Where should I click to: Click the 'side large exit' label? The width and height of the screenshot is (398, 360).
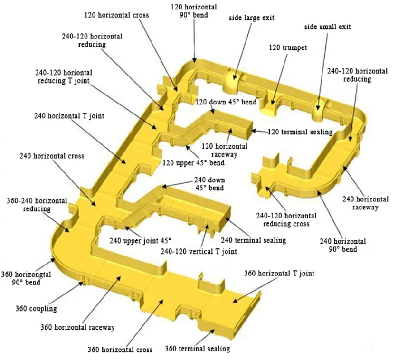click(x=252, y=18)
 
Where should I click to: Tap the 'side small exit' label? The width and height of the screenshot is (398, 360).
click(x=327, y=27)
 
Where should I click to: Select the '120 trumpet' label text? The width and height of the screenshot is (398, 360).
click(x=288, y=47)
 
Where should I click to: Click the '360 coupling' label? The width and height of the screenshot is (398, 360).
click(x=36, y=309)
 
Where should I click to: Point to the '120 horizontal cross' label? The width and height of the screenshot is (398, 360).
click(x=116, y=15)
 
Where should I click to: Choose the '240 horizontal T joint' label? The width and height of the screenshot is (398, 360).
click(x=69, y=115)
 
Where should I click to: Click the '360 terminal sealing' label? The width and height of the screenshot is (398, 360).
click(x=197, y=349)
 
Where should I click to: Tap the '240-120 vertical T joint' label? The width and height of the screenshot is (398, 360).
click(x=198, y=251)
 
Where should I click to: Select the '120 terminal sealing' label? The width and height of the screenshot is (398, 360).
click(x=300, y=132)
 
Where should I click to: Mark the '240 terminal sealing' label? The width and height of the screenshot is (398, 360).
click(x=254, y=240)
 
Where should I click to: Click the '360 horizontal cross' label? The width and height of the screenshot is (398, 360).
click(x=120, y=350)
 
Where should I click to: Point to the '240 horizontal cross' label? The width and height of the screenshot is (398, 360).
click(x=52, y=156)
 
